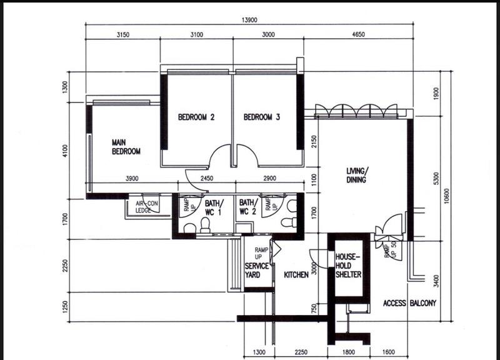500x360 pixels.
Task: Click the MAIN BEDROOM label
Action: click(126, 147)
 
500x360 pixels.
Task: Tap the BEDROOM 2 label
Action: click(196, 117)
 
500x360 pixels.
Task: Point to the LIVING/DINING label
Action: click(357, 175)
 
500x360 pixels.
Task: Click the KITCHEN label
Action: click(296, 275)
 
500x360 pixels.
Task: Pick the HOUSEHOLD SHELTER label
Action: click(348, 266)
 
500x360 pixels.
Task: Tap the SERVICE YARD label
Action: click(256, 270)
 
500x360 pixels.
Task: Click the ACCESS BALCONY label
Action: click(409, 303)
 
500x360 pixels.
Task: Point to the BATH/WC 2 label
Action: click(248, 207)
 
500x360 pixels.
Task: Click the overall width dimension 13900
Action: click(249, 21)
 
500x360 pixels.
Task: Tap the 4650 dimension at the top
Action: click(358, 35)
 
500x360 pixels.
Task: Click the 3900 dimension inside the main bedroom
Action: click(132, 179)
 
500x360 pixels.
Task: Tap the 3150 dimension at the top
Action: click(122, 35)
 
